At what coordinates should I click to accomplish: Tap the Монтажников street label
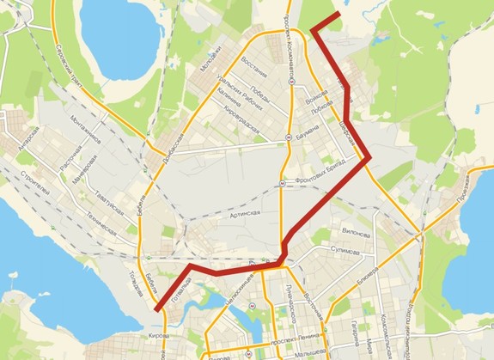click(x=85, y=130)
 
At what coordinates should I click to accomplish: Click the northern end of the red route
click(x=339, y=15)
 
